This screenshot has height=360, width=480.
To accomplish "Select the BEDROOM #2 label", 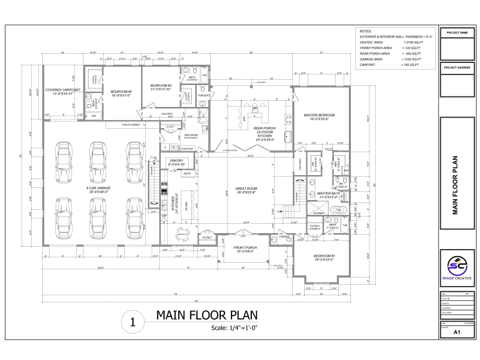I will click(x=121, y=93).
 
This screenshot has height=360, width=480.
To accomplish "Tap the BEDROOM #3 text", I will click(x=160, y=87).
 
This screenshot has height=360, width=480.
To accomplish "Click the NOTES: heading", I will click(x=365, y=31).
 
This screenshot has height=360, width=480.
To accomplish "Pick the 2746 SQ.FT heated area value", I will click(x=408, y=42).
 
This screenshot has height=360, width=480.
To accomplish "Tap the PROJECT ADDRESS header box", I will click(x=457, y=68).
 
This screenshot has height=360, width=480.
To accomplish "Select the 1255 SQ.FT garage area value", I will click(x=410, y=59).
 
